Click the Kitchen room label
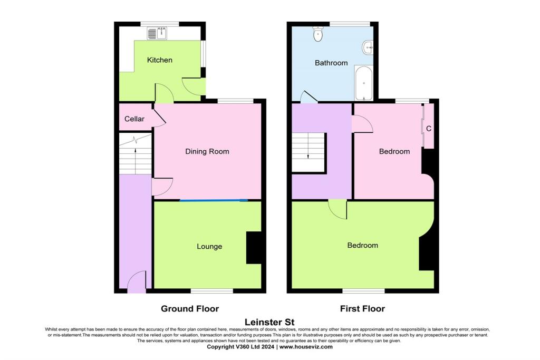[159, 60]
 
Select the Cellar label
[134, 119]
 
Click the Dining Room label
[207, 152]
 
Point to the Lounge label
[209, 246]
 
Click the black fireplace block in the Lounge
[254, 247]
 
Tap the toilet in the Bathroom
[318, 34]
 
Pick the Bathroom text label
[331, 63]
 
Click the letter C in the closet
[429, 128]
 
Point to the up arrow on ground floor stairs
[136, 158]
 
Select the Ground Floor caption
[190, 309]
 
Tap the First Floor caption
[362, 309]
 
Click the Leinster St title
[269, 322]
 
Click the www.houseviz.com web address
[306, 347]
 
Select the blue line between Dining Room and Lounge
[213, 200]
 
